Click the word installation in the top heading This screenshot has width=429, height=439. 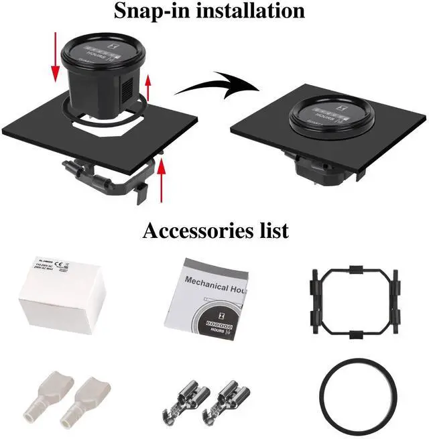point(251,11)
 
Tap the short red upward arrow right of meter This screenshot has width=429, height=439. point(149,87)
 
